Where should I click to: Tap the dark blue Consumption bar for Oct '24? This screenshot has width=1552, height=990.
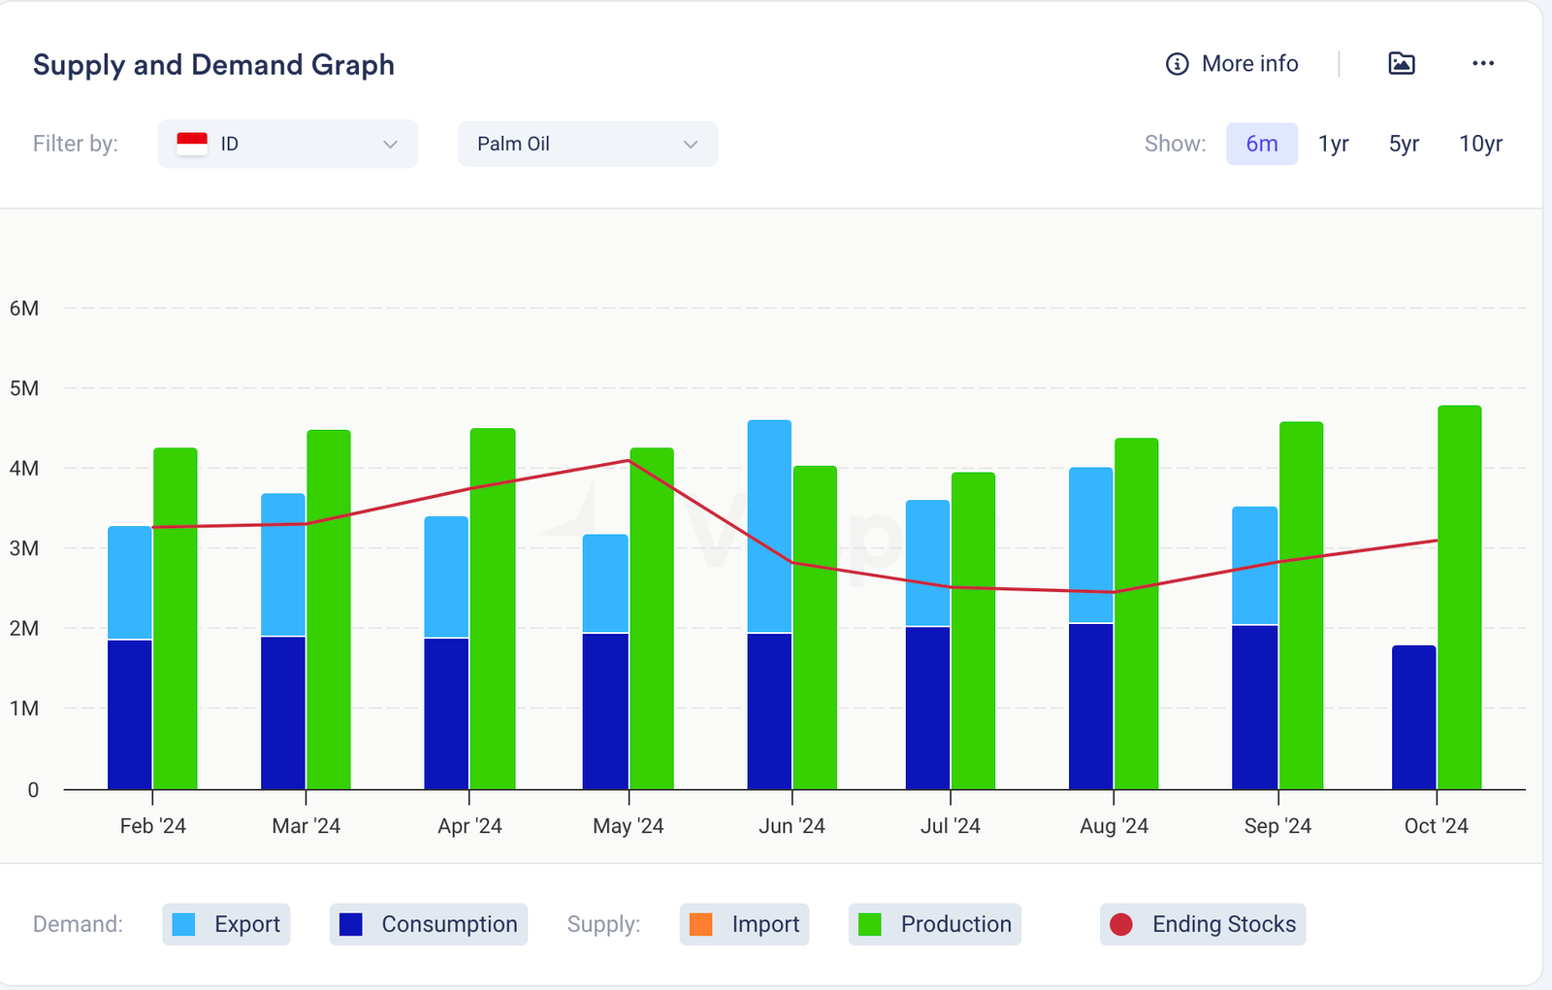(x=1413, y=717)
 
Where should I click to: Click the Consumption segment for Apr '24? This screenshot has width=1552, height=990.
(x=446, y=713)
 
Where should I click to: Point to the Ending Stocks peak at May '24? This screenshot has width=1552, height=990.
(x=629, y=460)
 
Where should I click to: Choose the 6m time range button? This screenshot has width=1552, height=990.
(x=1261, y=144)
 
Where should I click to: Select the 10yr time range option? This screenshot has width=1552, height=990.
(x=1480, y=144)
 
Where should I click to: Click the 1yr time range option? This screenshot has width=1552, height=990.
(x=1333, y=144)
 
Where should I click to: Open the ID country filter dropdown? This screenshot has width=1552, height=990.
(x=287, y=144)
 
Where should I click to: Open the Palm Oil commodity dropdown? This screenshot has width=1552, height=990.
(x=587, y=144)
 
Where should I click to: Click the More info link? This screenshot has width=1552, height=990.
(x=1232, y=64)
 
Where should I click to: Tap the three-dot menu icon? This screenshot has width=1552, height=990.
(x=1482, y=64)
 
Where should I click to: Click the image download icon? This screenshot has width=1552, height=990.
(x=1401, y=64)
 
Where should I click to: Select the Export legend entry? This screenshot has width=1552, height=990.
(x=227, y=924)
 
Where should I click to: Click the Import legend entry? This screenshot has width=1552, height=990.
(x=745, y=924)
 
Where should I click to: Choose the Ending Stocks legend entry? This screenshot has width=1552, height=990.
(x=1203, y=924)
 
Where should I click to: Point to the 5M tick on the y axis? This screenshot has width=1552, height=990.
(x=24, y=388)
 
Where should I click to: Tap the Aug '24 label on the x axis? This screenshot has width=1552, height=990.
(x=1114, y=826)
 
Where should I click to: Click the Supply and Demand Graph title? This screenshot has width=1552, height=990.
(x=213, y=65)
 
